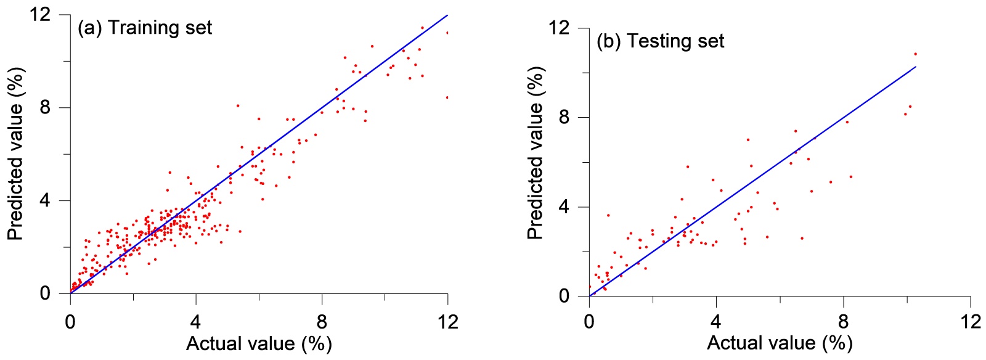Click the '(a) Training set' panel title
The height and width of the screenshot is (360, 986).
tap(144, 28)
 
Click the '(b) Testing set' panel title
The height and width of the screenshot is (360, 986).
tap(660, 41)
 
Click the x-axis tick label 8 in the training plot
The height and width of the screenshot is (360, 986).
tap(322, 321)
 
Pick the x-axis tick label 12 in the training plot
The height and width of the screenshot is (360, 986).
tap(447, 321)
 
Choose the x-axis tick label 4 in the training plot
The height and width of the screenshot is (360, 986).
tap(196, 321)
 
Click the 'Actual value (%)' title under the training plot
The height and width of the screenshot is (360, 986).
tap(259, 343)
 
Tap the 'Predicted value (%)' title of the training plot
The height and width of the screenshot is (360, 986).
tap(15, 154)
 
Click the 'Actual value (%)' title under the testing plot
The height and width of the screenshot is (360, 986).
tap(780, 343)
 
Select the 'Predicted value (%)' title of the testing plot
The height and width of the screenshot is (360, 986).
tap(535, 153)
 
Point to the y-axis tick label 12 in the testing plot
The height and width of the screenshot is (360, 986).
tap(559, 28)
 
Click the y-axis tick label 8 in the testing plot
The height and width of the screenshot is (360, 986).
tap(564, 117)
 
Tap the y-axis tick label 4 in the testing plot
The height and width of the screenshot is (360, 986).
tap(564, 207)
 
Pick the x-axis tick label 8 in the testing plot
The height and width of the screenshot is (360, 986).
tap(843, 321)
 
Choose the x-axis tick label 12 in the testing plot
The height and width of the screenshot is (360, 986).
tap(970, 321)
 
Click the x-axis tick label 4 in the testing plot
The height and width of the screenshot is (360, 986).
tap(716, 321)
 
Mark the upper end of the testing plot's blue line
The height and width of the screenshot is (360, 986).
tap(916, 67)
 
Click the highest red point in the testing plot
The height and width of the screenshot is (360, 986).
tap(915, 54)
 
